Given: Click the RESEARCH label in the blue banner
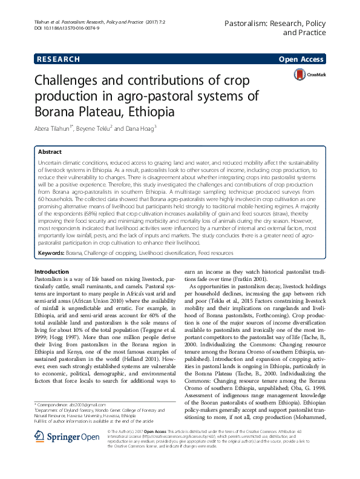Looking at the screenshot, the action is [58, 59].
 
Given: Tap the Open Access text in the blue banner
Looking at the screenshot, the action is [301, 59].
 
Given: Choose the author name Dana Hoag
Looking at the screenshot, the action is [140, 129].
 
